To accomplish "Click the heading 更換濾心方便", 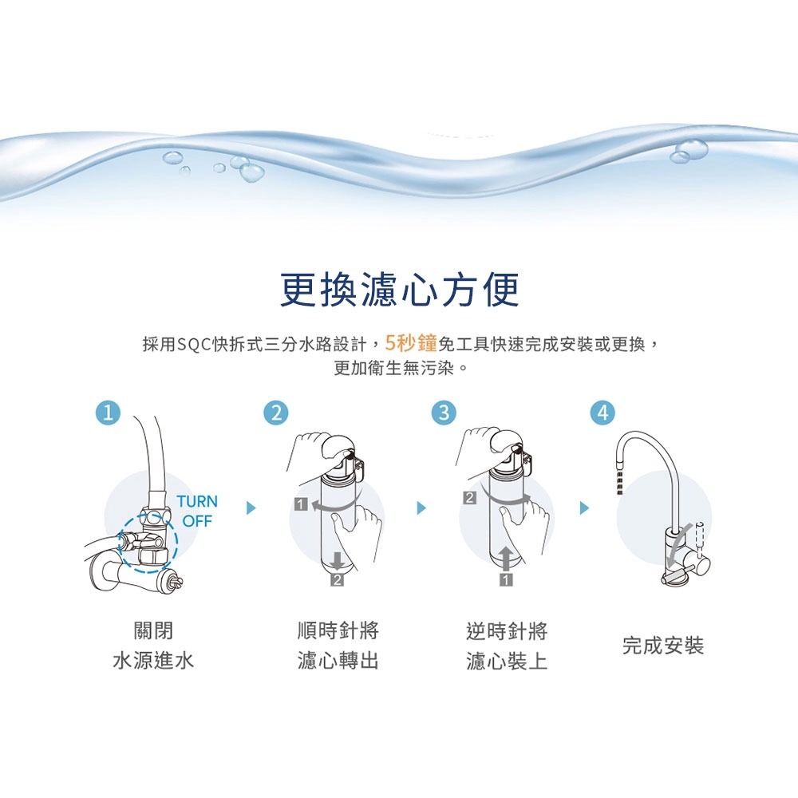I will tap(399, 290).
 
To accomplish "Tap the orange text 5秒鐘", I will tap(410, 344).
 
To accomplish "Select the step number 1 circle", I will tap(108, 413).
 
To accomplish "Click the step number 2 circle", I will tap(276, 413).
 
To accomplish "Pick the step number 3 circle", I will tap(444, 413).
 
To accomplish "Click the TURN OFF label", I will tap(196, 511).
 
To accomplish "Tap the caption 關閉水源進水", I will tap(152, 646).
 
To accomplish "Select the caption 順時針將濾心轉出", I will tap(338, 646).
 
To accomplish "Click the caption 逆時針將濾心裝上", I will tap(507, 646).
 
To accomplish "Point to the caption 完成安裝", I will tap(663, 646).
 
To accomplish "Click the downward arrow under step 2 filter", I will tap(338, 559).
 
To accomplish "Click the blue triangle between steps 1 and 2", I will tap(252, 508).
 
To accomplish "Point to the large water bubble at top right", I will tap(690, 148).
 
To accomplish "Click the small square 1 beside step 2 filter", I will tap(300, 504).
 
